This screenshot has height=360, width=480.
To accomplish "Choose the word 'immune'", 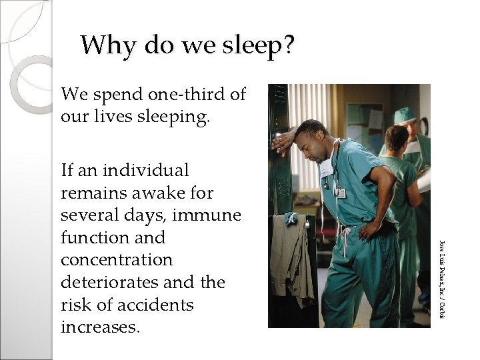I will click(x=211, y=215).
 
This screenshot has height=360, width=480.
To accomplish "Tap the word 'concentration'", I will click(x=117, y=260).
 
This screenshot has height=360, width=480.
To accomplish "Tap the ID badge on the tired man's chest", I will click(x=340, y=192).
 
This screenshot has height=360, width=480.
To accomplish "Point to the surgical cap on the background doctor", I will click(x=404, y=115).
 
